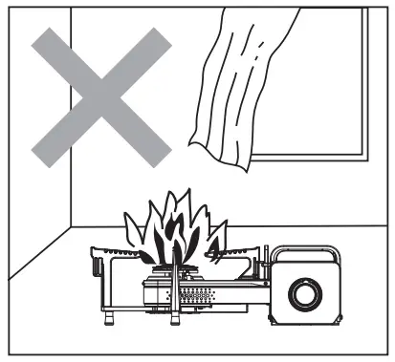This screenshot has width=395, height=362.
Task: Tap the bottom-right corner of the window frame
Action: coord(368,155)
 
